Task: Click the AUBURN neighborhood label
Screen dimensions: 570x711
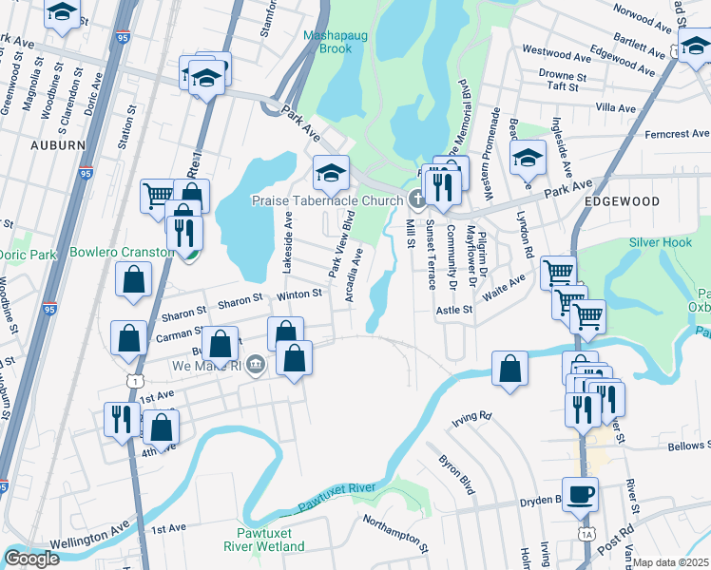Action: (x=58, y=145)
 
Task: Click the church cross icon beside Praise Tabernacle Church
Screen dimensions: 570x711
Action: (x=416, y=199)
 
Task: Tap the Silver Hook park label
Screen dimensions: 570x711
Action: (x=663, y=242)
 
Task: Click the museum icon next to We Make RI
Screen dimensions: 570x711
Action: (x=256, y=365)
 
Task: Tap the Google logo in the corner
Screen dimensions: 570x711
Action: (x=32, y=559)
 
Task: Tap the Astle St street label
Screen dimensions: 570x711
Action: (x=454, y=310)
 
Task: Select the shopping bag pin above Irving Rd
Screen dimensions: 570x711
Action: (x=510, y=369)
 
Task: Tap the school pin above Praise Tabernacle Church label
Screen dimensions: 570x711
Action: (x=331, y=172)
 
